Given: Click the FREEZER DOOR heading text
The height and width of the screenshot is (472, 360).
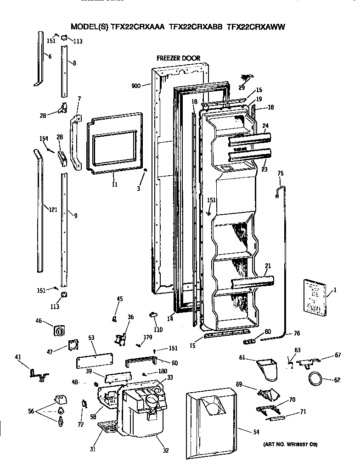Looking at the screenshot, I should point(178,58).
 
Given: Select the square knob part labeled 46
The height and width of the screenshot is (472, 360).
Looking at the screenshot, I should point(59,330).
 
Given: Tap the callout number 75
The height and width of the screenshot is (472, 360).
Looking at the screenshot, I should point(281,173).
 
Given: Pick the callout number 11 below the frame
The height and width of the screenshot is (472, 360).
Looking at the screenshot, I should point(114,184).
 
